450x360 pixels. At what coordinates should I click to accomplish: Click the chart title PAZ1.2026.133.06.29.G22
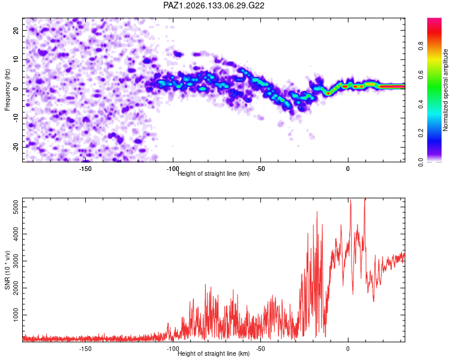(214, 5)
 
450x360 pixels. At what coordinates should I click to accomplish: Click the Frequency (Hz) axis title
(7, 90)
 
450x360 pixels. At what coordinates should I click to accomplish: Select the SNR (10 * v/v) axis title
(7, 270)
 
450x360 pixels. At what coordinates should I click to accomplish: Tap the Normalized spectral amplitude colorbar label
(445, 90)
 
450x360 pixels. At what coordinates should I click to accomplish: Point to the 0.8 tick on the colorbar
(421, 46)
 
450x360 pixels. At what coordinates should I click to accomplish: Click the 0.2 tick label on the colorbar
(421, 133)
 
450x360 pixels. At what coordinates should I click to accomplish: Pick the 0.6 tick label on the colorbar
(421, 74)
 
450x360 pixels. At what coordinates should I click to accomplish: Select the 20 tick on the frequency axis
(16, 30)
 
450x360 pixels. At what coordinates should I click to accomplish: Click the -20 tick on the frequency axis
(16, 147)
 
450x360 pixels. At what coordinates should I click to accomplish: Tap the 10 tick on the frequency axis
(16, 59)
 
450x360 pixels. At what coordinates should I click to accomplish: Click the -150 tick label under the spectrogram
(85, 169)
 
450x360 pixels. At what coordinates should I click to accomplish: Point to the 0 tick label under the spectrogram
(348, 169)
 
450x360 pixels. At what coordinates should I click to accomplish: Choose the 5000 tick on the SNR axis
(16, 207)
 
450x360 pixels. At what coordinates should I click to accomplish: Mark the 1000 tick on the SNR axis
(16, 315)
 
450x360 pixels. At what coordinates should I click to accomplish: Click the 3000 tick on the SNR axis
(16, 261)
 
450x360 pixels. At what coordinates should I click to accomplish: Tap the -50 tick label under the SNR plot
(260, 349)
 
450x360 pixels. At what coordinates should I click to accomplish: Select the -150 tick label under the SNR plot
(85, 349)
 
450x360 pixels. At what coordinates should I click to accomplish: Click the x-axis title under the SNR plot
(214, 353)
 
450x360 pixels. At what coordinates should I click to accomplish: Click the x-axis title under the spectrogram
(214, 173)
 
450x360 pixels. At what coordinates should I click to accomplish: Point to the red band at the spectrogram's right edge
(392, 86)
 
